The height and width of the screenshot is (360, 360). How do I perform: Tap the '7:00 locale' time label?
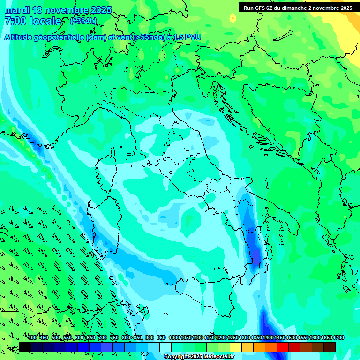coord(33,22)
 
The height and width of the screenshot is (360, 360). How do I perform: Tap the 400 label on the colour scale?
coord(32,337)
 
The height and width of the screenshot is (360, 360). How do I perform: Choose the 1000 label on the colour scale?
coord(174,337)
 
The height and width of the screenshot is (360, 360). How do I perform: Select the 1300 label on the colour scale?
coord(245,337)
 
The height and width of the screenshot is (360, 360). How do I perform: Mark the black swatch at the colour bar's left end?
coord(25,347)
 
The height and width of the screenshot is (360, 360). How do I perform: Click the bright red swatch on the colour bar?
coord(283,347)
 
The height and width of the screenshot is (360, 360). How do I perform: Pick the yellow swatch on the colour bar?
coord(236,347)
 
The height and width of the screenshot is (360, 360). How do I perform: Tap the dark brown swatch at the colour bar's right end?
coord(330,347)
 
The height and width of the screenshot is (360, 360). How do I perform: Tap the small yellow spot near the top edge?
coord(233,18)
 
